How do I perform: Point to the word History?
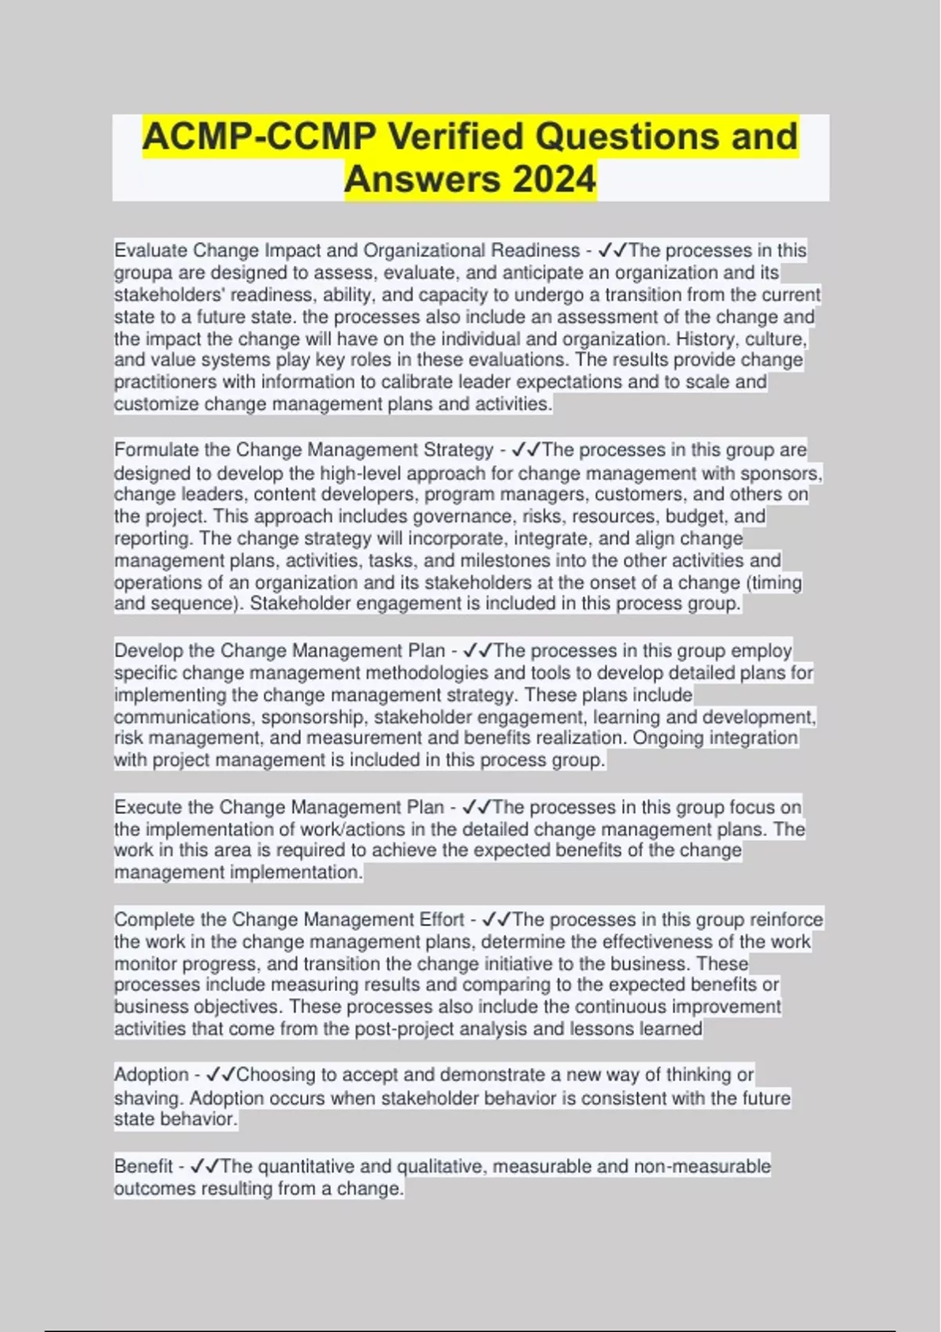click(707, 339)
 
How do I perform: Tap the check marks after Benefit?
click(205, 1167)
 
